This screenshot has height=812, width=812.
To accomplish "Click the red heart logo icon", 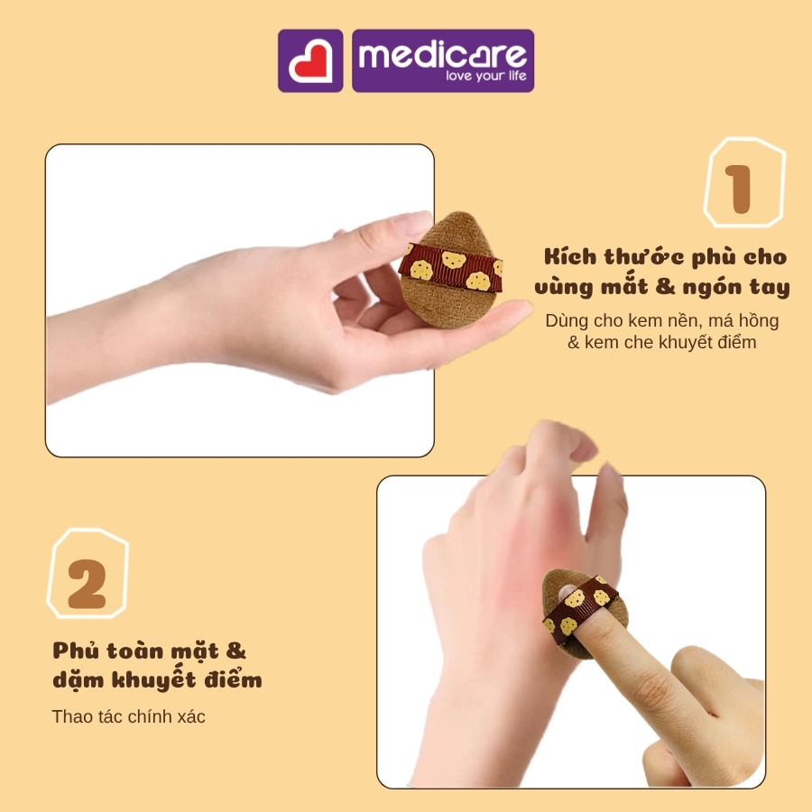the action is pyautogui.click(x=310, y=61).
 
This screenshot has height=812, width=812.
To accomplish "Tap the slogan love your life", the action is pyautogui.click(x=486, y=76).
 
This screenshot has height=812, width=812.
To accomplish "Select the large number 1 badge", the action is pyautogui.click(x=744, y=182).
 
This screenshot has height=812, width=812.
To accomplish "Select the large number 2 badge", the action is pyautogui.click(x=88, y=574).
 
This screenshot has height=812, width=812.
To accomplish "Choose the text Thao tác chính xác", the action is pyautogui.click(x=128, y=716).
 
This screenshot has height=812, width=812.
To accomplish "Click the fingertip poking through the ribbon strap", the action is pyautogui.click(x=567, y=591).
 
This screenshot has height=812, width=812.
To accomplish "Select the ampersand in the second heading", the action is pyautogui.click(x=235, y=651).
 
